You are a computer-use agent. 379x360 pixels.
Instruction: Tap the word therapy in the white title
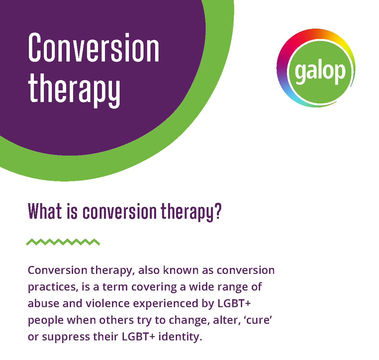click(x=74, y=89)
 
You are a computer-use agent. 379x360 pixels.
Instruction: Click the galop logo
click(x=316, y=68)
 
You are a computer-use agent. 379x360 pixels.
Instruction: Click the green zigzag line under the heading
click(x=63, y=242)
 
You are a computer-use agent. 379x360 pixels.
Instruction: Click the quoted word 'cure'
click(x=259, y=320)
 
